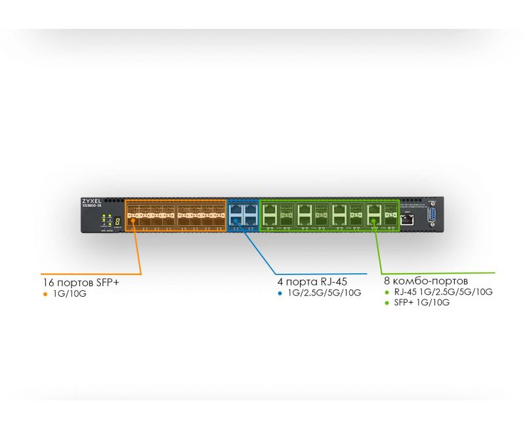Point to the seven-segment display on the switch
click(x=116, y=218)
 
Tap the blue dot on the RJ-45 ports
click(x=235, y=221)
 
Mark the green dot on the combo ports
click(x=374, y=221)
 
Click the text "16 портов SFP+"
click(x=80, y=283)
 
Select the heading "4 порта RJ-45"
click(x=312, y=282)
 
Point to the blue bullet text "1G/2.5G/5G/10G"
click(x=324, y=293)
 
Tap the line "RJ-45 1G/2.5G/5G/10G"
click(x=443, y=291)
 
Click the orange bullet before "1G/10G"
click(x=45, y=294)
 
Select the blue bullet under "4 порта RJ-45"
click(x=280, y=293)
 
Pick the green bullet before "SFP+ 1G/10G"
click(x=387, y=302)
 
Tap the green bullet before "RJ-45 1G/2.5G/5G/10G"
click(x=387, y=291)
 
